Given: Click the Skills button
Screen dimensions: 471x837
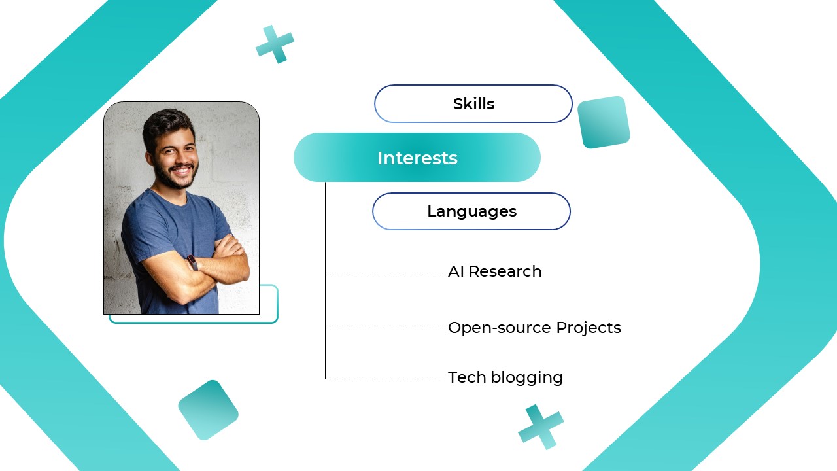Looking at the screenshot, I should tap(473, 104).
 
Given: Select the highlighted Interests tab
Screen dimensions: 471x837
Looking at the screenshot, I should tap(417, 158).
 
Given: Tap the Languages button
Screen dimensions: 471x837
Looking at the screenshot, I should tap(471, 211).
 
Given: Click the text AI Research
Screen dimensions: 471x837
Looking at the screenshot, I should tap(494, 271).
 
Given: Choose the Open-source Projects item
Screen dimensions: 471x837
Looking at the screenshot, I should tap(534, 328).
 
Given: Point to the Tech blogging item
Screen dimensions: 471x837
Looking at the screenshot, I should tap(505, 377).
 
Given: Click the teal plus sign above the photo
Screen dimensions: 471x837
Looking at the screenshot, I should tap(275, 44).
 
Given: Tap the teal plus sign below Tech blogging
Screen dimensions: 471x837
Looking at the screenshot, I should tap(541, 427).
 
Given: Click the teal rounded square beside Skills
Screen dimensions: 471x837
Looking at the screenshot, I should tap(604, 122).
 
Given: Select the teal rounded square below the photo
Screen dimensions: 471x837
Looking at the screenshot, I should tap(208, 410).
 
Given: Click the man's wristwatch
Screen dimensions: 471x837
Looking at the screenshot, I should tap(192, 262).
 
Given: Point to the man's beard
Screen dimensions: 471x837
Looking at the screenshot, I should tap(175, 177).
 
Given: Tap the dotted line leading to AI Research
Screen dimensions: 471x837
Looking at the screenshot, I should tap(384, 273).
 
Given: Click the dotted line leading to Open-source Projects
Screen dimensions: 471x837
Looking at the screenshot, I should tap(384, 326).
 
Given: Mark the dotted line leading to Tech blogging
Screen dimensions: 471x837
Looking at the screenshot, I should tap(384, 379).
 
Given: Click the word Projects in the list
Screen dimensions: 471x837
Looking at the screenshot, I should tap(588, 328).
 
